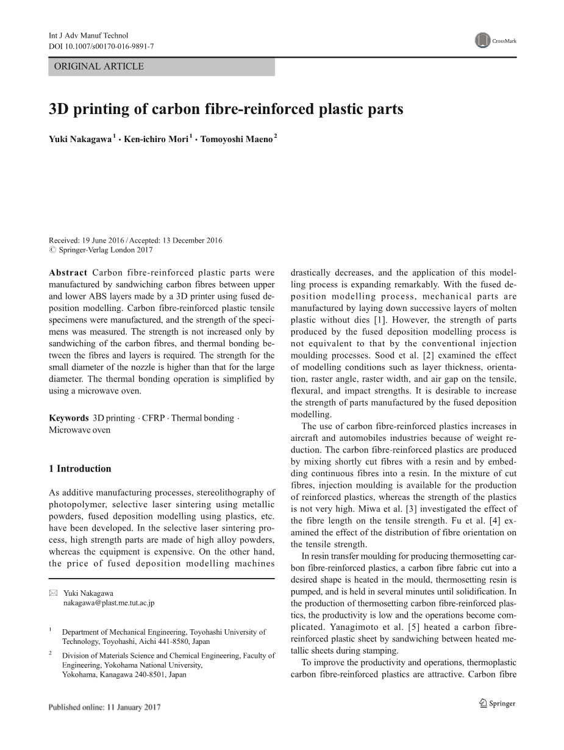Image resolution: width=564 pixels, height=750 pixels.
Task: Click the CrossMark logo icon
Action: [482, 41]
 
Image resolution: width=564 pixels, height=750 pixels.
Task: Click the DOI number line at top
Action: [101, 46]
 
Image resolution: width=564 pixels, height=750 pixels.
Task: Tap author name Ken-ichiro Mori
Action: [156, 140]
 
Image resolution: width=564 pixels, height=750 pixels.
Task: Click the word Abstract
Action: [68, 273]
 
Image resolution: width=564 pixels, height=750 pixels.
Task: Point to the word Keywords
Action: [68, 418]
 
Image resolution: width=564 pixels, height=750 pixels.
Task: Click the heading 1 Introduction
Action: [80, 469]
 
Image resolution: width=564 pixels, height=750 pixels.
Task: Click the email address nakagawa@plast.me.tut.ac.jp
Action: [109, 602]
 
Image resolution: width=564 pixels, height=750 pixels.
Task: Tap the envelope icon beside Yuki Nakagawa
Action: [53, 593]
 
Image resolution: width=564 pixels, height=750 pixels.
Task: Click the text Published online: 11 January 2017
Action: [104, 707]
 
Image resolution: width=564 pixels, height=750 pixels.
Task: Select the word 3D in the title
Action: [59, 110]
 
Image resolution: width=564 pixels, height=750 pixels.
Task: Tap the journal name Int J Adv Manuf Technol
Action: [88, 36]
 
